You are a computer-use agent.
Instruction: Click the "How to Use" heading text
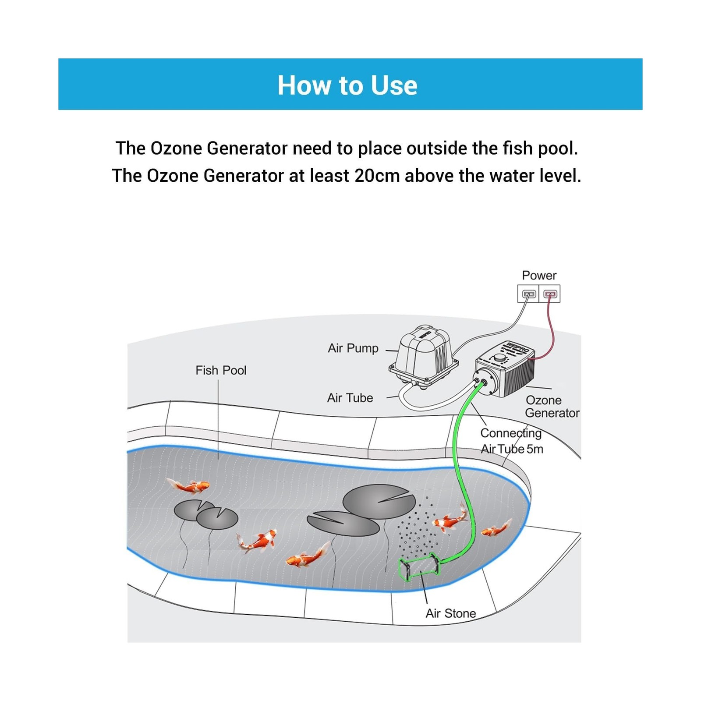pyautogui.click(x=347, y=85)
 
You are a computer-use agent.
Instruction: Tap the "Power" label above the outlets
pyautogui.click(x=539, y=276)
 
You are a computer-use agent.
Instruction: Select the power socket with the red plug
pyautogui.click(x=550, y=294)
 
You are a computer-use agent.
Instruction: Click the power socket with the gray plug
pyautogui.click(x=529, y=294)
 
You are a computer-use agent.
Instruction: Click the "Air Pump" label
pyautogui.click(x=353, y=348)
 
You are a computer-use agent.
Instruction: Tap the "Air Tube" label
pyautogui.click(x=350, y=398)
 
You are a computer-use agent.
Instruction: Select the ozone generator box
pyautogui.click(x=506, y=370)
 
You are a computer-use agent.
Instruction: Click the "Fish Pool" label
pyautogui.click(x=221, y=371)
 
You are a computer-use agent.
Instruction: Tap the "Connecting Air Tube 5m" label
pyautogui.click(x=511, y=441)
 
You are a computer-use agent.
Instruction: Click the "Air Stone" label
pyautogui.click(x=450, y=613)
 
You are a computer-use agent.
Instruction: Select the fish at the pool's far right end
pyautogui.click(x=496, y=529)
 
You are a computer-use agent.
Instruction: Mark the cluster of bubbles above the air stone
pyautogui.click(x=416, y=530)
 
